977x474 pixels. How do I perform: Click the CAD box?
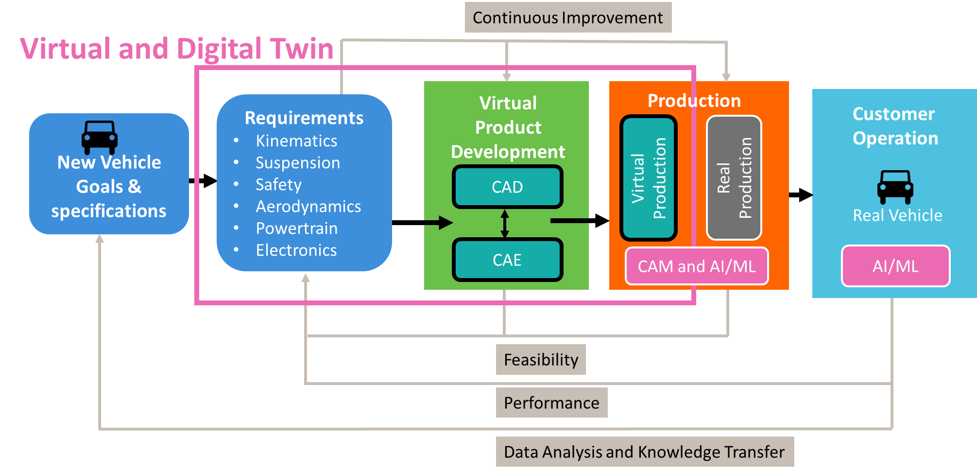(x=507, y=187)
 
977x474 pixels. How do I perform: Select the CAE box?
(x=507, y=260)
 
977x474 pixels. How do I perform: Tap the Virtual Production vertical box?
(x=649, y=178)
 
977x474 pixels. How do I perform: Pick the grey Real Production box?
(x=734, y=178)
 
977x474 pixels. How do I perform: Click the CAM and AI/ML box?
(x=697, y=266)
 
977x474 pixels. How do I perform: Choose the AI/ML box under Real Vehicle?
(x=895, y=266)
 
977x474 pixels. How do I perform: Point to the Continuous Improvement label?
(x=568, y=18)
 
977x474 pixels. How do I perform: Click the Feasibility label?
(x=541, y=360)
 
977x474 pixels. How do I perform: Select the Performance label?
(x=551, y=403)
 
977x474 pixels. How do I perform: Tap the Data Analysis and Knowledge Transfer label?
(x=644, y=452)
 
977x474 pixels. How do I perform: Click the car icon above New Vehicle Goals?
(x=100, y=137)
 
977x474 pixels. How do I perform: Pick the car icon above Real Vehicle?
(x=895, y=187)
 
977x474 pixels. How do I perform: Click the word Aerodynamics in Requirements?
(x=309, y=206)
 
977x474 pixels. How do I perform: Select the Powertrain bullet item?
(x=296, y=228)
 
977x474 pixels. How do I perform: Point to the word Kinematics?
(x=296, y=140)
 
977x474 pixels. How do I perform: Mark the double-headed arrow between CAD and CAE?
(x=505, y=224)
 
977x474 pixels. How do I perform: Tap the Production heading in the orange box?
(x=694, y=101)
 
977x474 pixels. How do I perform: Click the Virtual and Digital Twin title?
(x=177, y=49)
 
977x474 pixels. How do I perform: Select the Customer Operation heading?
(x=895, y=126)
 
